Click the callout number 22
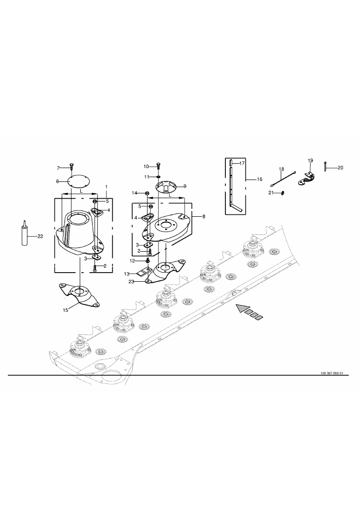pyautogui.click(x=40, y=236)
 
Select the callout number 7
pyautogui.click(x=58, y=168)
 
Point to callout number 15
pyautogui.click(x=65, y=309)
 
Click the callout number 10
pyautogui.click(x=147, y=166)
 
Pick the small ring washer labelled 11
pyautogui.click(x=159, y=177)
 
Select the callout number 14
pyautogui.click(x=135, y=193)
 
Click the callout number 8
pyautogui.click(x=204, y=216)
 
